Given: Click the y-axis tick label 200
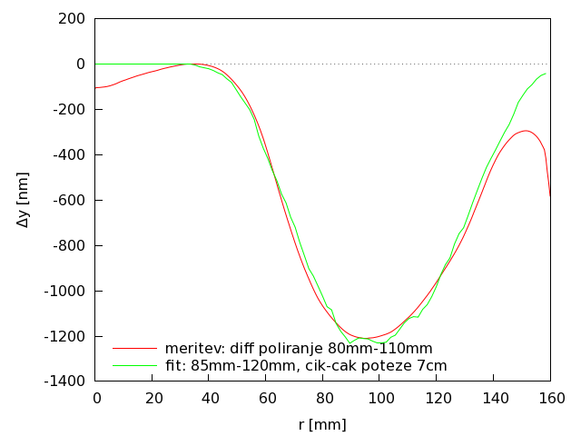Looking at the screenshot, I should [73, 18].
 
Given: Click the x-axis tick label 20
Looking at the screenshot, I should [153, 398].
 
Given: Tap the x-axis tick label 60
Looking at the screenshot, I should [267, 398].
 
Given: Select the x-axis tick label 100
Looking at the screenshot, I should [380, 398].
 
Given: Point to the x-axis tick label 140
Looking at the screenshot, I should [494, 398].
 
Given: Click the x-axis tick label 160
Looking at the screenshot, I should [551, 398].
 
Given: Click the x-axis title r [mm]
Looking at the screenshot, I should [322, 424].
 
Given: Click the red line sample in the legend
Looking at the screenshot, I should [134, 349].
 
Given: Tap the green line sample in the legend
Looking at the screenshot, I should [134, 366].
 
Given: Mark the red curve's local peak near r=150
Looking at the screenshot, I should [526, 131].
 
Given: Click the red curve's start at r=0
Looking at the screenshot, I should [97, 88].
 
